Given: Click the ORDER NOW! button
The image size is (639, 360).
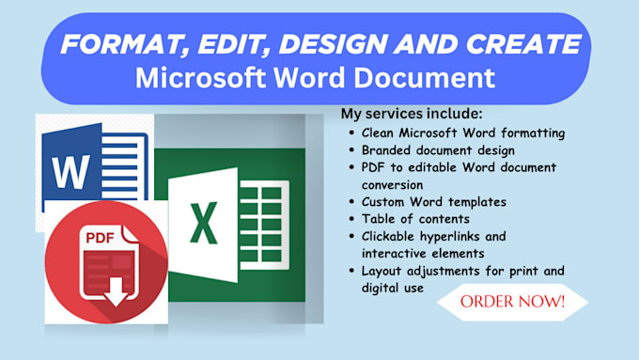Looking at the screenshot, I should (513, 303).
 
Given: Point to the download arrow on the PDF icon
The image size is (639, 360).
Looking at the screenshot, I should (114, 293).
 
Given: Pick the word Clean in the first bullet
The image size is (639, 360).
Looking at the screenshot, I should (378, 133).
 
